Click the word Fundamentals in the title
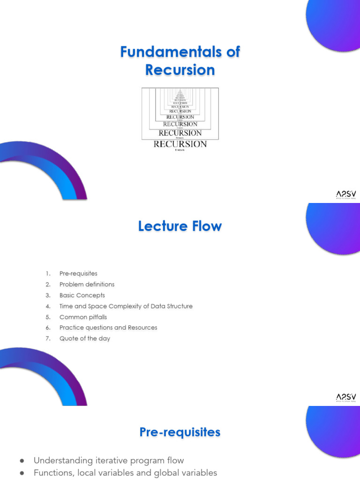pos(167,52)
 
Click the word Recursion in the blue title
pos(180,70)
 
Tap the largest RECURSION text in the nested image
pos(180,144)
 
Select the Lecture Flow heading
pos(180,226)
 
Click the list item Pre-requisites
pos(78,273)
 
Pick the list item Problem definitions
pos(87,284)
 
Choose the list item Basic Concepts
pos(82,295)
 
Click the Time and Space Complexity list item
pos(126,306)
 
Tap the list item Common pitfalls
pos(83,317)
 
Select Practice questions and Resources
pos(108,328)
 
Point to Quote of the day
pos(84,338)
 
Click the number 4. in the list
pos(48,306)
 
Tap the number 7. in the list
pos(48,338)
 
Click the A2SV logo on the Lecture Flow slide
pos(346,398)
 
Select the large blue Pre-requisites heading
pos(180,432)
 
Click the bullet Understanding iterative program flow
pos(109,460)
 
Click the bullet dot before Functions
pos(22,473)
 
